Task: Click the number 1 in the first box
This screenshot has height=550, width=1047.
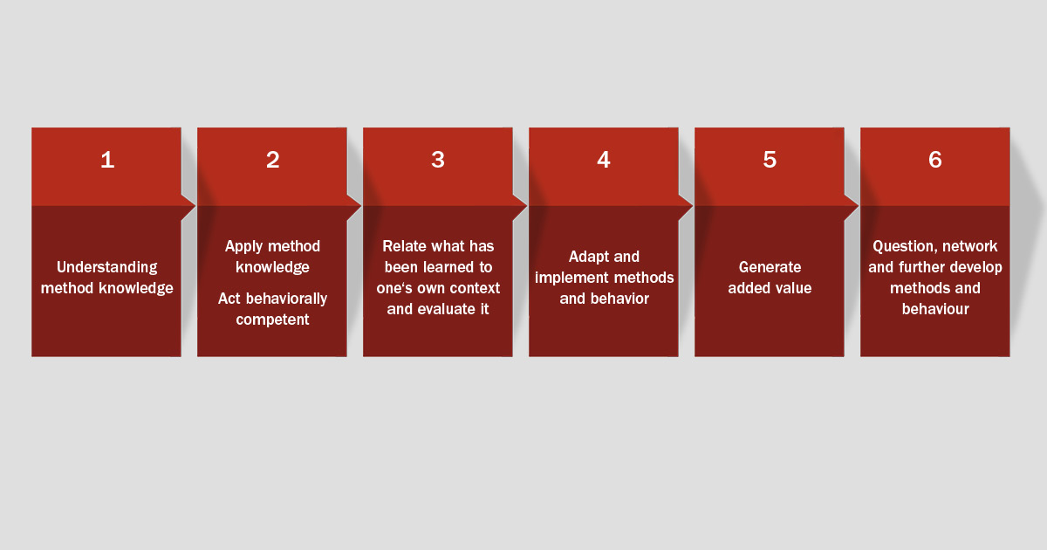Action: coord(107,160)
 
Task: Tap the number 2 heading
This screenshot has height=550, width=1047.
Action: coord(273,160)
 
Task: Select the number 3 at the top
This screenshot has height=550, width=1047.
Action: coord(438,160)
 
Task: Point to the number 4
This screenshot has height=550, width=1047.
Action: coord(604,160)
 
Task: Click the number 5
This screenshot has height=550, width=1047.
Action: coord(770,160)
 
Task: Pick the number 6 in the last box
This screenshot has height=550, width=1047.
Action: coord(935,160)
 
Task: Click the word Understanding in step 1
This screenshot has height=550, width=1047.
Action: coord(107,268)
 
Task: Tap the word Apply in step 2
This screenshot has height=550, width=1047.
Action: coord(243,247)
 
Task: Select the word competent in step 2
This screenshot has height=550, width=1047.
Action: coord(272,320)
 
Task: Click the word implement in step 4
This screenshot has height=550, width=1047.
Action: coord(571,278)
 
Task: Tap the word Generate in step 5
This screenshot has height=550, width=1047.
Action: coord(770,267)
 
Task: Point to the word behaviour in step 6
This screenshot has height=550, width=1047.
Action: coord(935,309)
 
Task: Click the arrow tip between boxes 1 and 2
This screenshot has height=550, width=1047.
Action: coord(195,205)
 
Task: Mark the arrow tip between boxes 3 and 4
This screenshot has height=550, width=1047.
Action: coord(527,205)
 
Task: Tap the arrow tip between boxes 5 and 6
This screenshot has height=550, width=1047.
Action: coord(859,205)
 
